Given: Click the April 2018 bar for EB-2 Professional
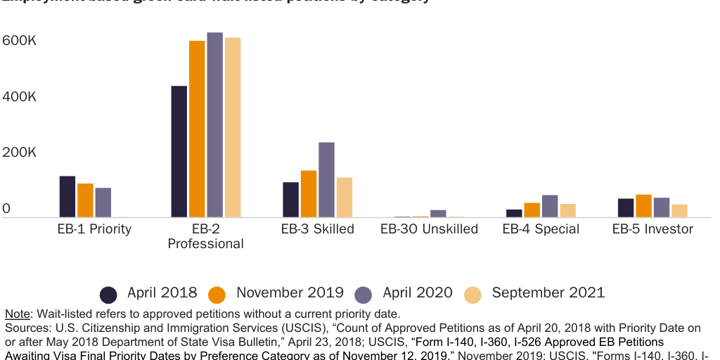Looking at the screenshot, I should tap(179, 151).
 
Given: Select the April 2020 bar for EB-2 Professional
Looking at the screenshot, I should tap(214, 124).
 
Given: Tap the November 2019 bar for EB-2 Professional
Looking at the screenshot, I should tap(197, 129).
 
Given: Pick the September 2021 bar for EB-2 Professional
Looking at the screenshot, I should tap(233, 127).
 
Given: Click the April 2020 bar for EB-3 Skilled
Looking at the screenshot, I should tap(326, 179).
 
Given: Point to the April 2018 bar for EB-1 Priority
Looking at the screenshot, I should tap(67, 196).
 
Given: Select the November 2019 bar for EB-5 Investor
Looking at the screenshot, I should tap(643, 205).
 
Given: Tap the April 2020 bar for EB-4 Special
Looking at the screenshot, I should tap(550, 206).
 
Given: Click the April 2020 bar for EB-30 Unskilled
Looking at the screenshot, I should tap(438, 213).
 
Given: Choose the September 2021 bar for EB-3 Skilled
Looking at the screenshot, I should tap(344, 197).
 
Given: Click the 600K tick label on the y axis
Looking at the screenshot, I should tap(19, 41).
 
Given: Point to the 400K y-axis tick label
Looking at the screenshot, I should tap(19, 97).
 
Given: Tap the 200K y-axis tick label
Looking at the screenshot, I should tap(19, 153).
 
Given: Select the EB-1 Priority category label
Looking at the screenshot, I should tap(94, 229).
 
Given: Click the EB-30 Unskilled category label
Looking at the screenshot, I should tap(429, 229).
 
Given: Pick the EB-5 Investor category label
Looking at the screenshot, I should tap(652, 229).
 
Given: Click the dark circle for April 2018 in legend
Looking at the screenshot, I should tap(108, 294).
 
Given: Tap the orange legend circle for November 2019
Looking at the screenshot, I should tap(218, 294).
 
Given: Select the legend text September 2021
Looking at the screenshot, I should tap(548, 293).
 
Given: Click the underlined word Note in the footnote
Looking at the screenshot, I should tap(18, 314).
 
